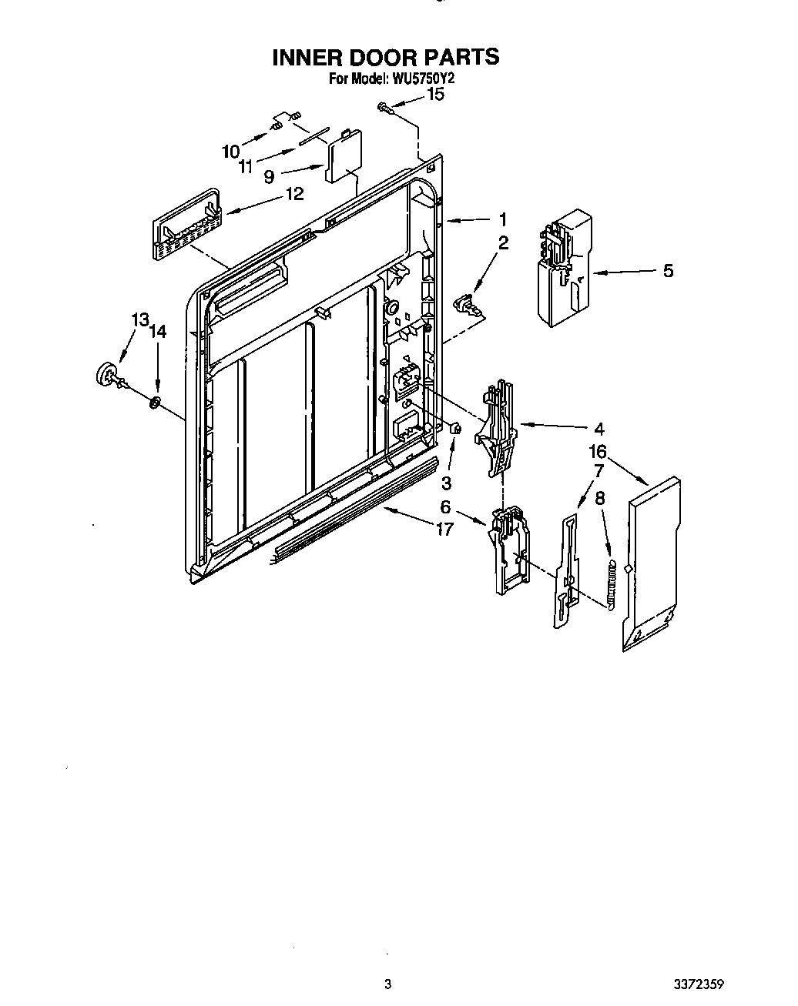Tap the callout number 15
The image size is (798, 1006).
(435, 95)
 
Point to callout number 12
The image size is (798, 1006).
(294, 194)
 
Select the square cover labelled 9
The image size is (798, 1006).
(343, 159)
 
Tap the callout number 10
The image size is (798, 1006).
(230, 152)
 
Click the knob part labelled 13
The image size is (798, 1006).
(108, 374)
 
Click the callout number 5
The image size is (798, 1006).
(668, 271)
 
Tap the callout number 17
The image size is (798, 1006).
(444, 529)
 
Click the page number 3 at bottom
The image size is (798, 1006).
(388, 984)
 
